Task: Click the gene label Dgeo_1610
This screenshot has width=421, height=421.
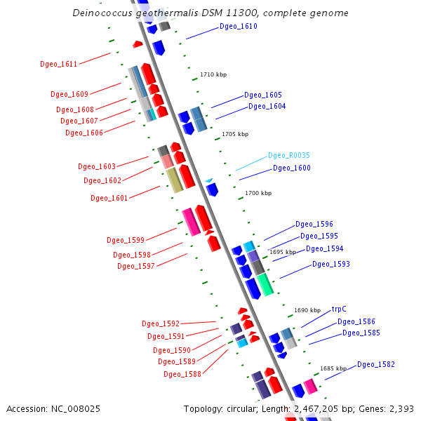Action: click(238, 27)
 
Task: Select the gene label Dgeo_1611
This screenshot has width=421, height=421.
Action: click(59, 65)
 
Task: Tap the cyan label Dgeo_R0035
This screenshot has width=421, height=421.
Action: click(289, 156)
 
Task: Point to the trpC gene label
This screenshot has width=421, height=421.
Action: click(339, 309)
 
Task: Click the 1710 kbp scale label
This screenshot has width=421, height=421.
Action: click(213, 74)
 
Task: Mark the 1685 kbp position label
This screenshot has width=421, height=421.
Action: click(333, 368)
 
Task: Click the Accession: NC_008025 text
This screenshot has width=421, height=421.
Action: click(53, 408)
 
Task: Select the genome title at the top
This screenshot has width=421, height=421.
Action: click(210, 13)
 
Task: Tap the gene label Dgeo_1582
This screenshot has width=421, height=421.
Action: click(376, 365)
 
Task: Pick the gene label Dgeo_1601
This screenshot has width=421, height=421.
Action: click(109, 199)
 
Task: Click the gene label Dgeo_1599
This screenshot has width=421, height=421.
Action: click(126, 240)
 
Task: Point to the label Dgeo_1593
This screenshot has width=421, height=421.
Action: click(330, 265)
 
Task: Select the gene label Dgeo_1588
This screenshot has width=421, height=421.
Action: click(182, 375)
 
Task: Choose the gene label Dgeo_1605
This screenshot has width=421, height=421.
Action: click(263, 95)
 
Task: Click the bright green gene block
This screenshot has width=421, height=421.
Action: click(265, 284)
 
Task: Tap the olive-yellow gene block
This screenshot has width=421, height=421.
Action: click(174, 180)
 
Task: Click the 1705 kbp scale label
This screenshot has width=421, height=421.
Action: click(235, 134)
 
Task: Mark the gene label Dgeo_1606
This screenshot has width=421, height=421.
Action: click(84, 133)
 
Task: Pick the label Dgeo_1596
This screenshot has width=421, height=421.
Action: click(314, 225)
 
